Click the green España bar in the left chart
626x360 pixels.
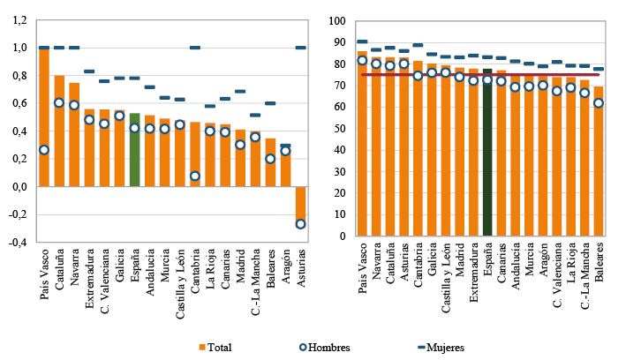[x=134, y=150]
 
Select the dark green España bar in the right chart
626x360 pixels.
[x=487, y=152]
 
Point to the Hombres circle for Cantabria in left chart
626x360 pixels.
[x=194, y=176]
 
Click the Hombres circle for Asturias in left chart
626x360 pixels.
[x=300, y=224]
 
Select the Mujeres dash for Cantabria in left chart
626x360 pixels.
[x=194, y=48]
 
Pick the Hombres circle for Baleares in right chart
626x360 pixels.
[x=599, y=103]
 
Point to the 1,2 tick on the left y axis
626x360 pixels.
[x=19, y=19]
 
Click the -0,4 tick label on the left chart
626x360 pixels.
[x=18, y=242]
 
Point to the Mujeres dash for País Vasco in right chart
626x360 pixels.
[x=362, y=41]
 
